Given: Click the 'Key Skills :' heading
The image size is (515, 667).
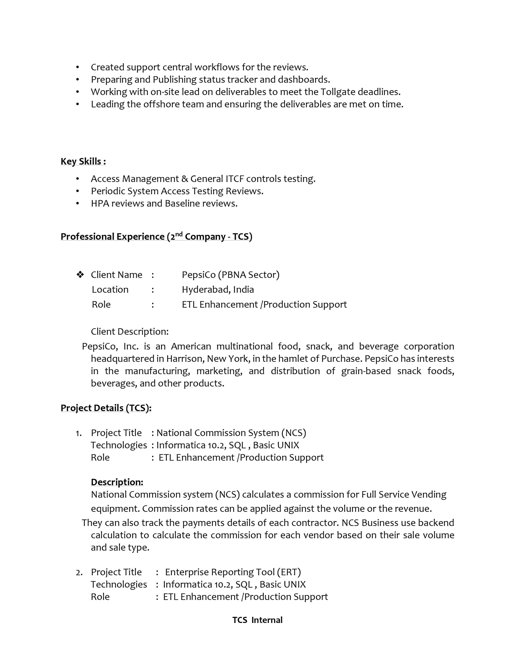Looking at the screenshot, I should pyautogui.click(x=83, y=161).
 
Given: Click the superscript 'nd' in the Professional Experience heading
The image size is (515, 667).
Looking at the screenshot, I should pyautogui.click(x=179, y=234).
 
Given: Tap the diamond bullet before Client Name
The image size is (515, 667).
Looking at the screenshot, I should pyautogui.click(x=80, y=275).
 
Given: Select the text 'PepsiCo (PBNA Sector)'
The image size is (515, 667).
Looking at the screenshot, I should pyautogui.click(x=230, y=275).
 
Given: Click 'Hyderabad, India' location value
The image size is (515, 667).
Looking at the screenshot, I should pyautogui.click(x=218, y=289).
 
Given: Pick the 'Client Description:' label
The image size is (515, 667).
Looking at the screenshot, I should pyautogui.click(x=129, y=331).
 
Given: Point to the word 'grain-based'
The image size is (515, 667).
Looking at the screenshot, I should pyautogui.click(x=366, y=371).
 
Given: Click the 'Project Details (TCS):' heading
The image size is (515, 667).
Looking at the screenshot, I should pyautogui.click(x=106, y=408).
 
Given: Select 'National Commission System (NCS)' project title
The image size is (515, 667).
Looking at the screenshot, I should pyautogui.click(x=231, y=433).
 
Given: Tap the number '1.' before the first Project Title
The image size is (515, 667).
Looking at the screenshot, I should pyautogui.click(x=78, y=433).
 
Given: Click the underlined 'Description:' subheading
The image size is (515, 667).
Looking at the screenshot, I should pyautogui.click(x=117, y=482).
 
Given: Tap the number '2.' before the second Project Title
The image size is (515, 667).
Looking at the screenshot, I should pyautogui.click(x=79, y=573).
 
